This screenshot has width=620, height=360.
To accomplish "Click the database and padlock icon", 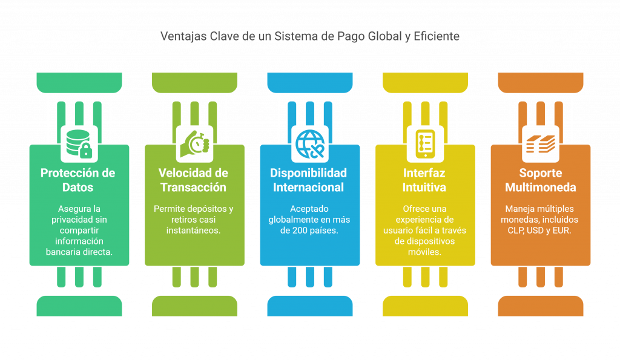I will click(79, 143).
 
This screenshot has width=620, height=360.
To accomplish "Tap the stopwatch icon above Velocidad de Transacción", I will click(194, 143).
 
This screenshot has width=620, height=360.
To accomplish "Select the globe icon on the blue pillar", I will click(309, 143).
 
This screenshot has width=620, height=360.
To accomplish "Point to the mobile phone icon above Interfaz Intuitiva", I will click(424, 143).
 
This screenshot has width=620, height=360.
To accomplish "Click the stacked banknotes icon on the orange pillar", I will click(540, 143).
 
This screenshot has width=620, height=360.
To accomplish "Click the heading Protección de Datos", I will click(78, 180).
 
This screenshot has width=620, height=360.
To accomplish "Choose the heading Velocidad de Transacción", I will click(193, 180).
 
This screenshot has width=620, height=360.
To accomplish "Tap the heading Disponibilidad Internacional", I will click(309, 180).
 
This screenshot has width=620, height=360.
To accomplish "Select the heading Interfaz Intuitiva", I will click(424, 180).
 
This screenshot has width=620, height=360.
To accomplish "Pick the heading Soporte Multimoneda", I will click(540, 180).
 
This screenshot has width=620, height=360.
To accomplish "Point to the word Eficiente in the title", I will click(437, 36).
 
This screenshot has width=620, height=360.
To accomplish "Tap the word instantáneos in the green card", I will click(193, 231).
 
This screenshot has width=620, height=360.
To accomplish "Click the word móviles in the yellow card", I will click(424, 252).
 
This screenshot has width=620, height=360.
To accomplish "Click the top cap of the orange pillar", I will click(540, 81).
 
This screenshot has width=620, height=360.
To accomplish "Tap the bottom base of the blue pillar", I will click(309, 306).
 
